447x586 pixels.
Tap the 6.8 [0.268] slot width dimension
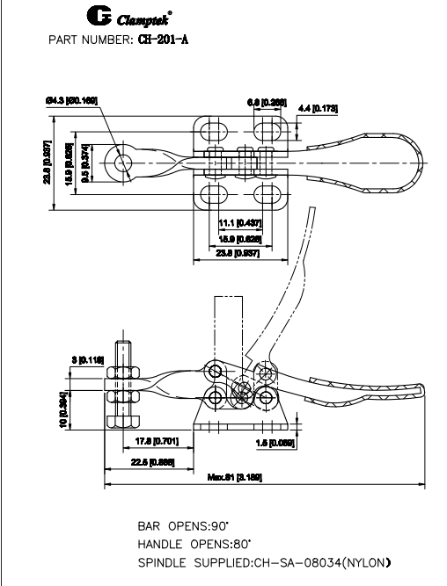267,103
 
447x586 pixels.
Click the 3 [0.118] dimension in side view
87,359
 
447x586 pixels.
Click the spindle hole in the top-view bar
121,163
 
